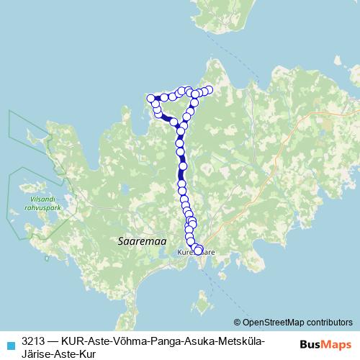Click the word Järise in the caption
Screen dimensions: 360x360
tap(37, 353)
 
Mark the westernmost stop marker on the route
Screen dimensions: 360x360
tap(150, 98)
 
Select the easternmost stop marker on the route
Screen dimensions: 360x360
tap(210, 90)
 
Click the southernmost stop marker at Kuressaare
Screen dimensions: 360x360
tap(198, 251)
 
